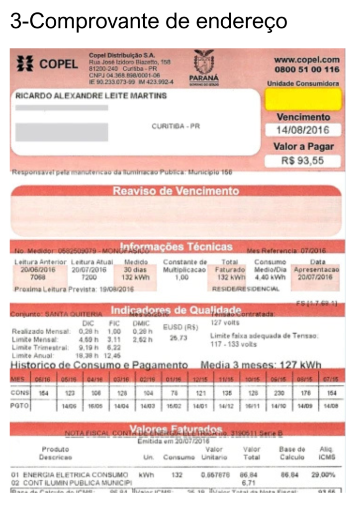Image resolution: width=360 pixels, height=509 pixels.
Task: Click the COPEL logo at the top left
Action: [x=47, y=64]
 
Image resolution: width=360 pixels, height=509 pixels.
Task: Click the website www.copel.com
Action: [x=306, y=60]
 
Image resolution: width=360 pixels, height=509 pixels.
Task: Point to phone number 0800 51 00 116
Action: [x=306, y=70]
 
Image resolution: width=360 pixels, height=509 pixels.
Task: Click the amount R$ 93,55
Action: [x=303, y=161]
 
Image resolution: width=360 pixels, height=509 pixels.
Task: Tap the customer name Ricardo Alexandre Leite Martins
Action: [x=91, y=96]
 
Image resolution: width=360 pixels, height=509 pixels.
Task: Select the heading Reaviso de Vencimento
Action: [x=176, y=191]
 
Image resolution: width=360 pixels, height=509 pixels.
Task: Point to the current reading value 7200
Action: [x=89, y=277]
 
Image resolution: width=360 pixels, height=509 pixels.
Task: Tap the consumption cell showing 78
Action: [x=174, y=393]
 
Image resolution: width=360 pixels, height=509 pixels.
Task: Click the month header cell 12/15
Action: [x=200, y=379]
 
